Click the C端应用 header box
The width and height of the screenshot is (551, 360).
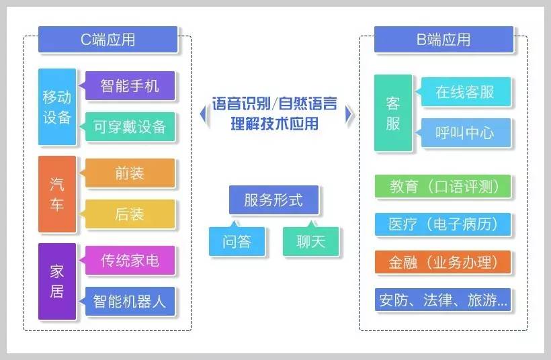coord(108,40)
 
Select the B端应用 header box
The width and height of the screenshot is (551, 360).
coord(443,40)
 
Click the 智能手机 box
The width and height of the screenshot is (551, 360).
coord(130,86)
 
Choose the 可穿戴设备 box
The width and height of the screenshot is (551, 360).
coord(130,127)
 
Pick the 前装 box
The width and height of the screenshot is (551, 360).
coord(130,173)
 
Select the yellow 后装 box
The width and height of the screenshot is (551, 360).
coord(130,214)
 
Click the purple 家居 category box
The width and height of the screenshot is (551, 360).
coord(57,281)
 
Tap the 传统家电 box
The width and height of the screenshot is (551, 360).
coord(130,260)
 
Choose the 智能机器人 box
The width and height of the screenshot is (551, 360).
coord(130,300)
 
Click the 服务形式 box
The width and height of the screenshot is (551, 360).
coord(273,200)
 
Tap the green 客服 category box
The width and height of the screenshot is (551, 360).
coord(393,113)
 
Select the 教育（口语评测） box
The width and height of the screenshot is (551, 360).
coord(443,187)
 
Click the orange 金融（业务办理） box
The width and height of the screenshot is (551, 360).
coord(443,262)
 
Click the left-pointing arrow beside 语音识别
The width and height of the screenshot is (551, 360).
coord(202,115)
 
